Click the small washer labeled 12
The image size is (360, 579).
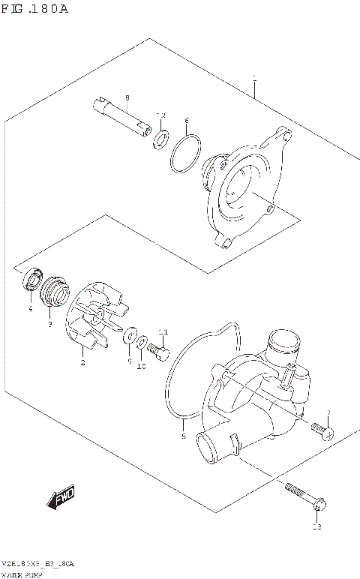click(x=160, y=139)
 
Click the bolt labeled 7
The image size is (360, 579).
click(x=322, y=431)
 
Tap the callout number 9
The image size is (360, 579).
click(x=129, y=361)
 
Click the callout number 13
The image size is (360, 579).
click(x=316, y=527)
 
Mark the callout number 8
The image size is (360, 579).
click(x=127, y=97)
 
